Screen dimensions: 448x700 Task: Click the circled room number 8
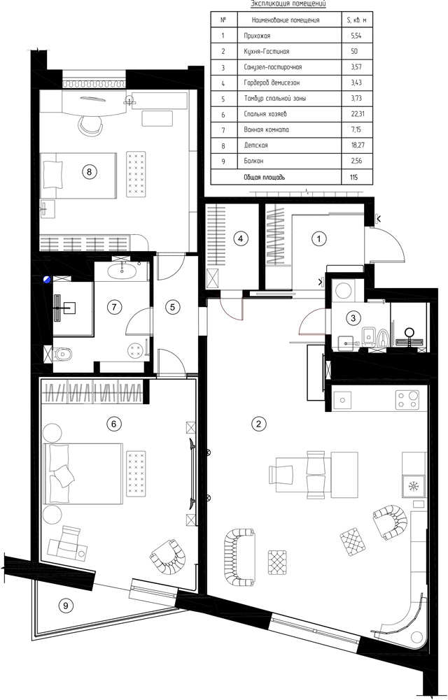pyautogui.click(x=90, y=171)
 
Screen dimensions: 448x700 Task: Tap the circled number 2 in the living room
pyautogui.click(x=258, y=424)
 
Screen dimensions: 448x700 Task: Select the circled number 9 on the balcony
pyautogui.click(x=66, y=606)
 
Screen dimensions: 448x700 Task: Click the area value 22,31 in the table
pyautogui.click(x=357, y=114)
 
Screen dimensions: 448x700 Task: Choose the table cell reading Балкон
pyautogui.click(x=255, y=161)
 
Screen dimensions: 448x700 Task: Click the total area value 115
pyautogui.click(x=354, y=177)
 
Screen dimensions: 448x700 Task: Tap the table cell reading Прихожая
pyautogui.click(x=258, y=36)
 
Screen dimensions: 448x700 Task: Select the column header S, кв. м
pyautogui.click(x=357, y=20)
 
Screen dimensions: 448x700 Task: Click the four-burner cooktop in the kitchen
pyautogui.click(x=407, y=399)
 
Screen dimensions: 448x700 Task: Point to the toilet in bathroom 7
pyautogui.click(x=63, y=355)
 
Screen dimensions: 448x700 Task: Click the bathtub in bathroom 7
pyautogui.click(x=121, y=272)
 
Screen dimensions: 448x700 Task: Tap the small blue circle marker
pyautogui.click(x=46, y=280)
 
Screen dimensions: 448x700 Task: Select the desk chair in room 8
pyautogui.click(x=90, y=124)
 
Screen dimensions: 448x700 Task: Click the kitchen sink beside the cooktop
pyautogui.click(x=342, y=399)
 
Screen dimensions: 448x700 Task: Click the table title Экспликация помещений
pyautogui.click(x=288, y=4)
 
